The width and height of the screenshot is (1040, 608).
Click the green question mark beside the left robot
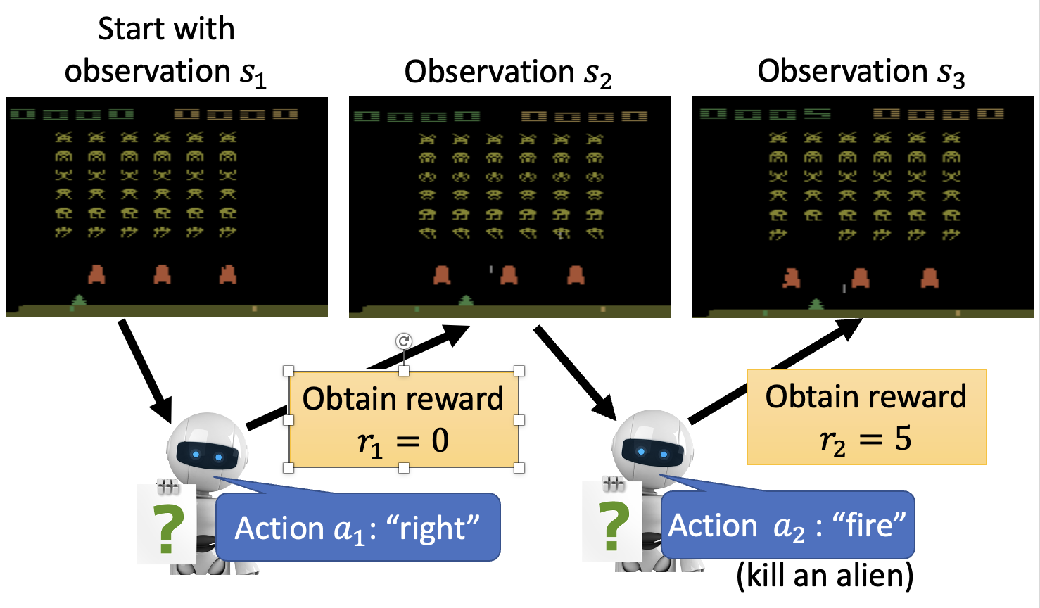[168, 528]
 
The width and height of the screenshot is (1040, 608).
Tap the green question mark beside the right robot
[614, 526]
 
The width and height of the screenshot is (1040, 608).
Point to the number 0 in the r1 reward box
[440, 441]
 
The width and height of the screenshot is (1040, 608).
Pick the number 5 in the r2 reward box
[903, 439]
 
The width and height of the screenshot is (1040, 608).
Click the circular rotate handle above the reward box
[403, 341]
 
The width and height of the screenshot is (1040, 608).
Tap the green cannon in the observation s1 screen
[79, 301]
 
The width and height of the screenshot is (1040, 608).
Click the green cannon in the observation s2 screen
[466, 301]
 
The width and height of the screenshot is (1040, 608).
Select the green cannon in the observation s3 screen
[816, 304]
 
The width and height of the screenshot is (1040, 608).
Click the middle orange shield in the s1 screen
[162, 274]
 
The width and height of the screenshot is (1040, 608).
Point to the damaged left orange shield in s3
[792, 278]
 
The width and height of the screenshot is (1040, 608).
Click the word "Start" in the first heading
[129, 30]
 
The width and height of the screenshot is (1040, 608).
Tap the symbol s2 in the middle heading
[597, 74]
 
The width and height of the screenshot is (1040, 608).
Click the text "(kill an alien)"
[825, 576]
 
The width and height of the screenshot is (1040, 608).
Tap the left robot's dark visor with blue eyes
[207, 455]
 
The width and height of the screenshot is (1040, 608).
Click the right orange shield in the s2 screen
[576, 274]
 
